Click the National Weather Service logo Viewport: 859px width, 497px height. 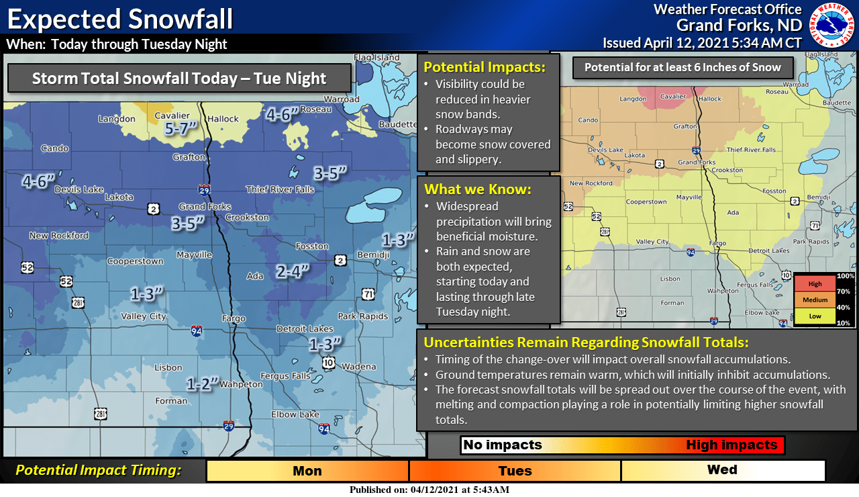(x=833, y=24)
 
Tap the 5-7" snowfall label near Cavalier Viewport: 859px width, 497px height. (x=180, y=128)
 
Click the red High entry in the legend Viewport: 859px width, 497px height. (x=815, y=284)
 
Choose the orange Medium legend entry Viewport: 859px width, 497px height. (x=815, y=300)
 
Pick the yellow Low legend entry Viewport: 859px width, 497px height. (x=815, y=316)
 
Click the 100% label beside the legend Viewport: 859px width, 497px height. (x=845, y=276)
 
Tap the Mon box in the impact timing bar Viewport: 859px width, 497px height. (x=307, y=471)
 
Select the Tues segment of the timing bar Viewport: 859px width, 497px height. (x=515, y=471)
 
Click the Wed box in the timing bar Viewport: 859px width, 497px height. (x=722, y=470)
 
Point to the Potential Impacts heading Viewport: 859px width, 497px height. (x=483, y=67)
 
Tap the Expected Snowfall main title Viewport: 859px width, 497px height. (x=120, y=19)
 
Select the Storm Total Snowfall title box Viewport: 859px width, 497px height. (x=179, y=79)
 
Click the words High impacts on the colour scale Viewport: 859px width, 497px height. (x=731, y=445)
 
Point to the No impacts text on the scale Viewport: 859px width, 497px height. (x=503, y=445)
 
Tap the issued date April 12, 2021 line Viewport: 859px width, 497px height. (x=702, y=43)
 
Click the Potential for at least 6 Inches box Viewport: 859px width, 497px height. (x=683, y=67)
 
